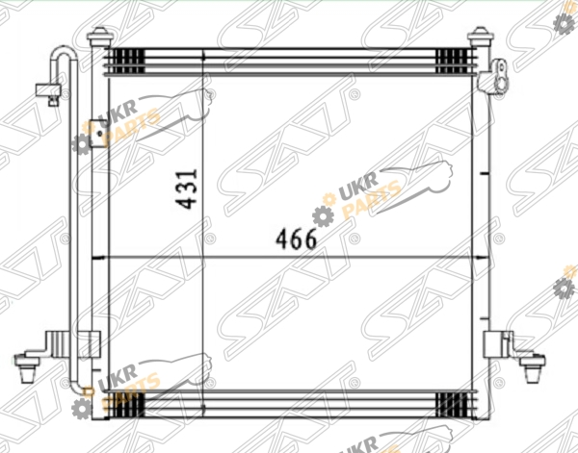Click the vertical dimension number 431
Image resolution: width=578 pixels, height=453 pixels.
click(187, 189)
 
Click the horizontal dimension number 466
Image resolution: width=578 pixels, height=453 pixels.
click(296, 239)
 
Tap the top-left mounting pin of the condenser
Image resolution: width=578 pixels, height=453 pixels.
click(99, 37)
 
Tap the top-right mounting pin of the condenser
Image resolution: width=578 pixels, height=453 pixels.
click(481, 37)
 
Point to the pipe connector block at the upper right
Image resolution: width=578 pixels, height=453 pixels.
click(493, 78)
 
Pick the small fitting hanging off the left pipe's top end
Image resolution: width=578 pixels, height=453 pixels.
click(48, 94)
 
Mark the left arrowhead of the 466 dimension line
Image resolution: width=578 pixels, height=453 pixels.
click(96, 258)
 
